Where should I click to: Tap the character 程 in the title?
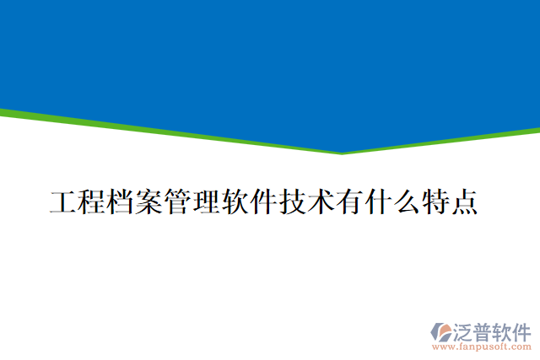(x=92, y=203)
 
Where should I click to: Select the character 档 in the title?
(x=121, y=203)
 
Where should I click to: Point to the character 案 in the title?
(x=149, y=203)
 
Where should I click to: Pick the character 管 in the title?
(x=178, y=203)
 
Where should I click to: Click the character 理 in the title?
(x=207, y=203)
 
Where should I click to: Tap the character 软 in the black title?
(x=235, y=203)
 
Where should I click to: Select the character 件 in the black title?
(x=264, y=203)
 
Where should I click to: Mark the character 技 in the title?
(x=293, y=203)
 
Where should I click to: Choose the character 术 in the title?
(x=321, y=203)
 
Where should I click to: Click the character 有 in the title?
(x=350, y=203)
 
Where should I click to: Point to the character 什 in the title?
(x=379, y=203)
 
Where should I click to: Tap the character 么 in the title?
(x=408, y=203)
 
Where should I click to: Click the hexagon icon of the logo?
(x=442, y=331)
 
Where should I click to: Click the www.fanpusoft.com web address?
(x=481, y=346)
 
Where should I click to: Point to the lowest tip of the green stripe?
(x=342, y=153)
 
